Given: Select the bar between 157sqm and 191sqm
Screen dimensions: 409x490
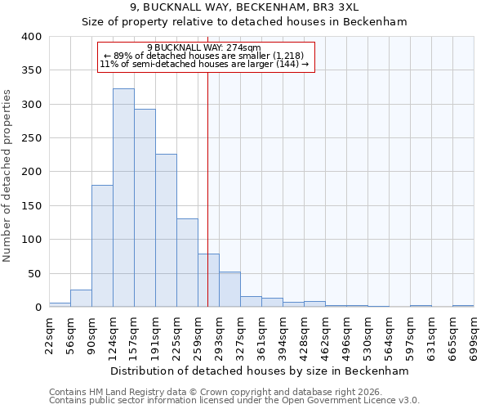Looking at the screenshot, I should click(145, 209).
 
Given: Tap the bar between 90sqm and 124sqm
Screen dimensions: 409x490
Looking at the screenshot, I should click(102, 246).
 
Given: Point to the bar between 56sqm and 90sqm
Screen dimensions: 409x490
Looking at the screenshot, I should click(81, 299).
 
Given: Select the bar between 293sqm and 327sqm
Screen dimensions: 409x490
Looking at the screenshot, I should click(229, 290).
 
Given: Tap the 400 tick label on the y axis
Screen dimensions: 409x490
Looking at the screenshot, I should click(31, 37).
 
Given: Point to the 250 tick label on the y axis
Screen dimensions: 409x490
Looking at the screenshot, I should click(31, 138).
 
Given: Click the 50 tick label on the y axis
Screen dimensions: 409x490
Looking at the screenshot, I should click(34, 273).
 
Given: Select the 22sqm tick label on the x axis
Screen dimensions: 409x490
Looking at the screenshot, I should click(54, 332).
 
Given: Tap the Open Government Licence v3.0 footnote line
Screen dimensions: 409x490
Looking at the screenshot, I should click(234, 401).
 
